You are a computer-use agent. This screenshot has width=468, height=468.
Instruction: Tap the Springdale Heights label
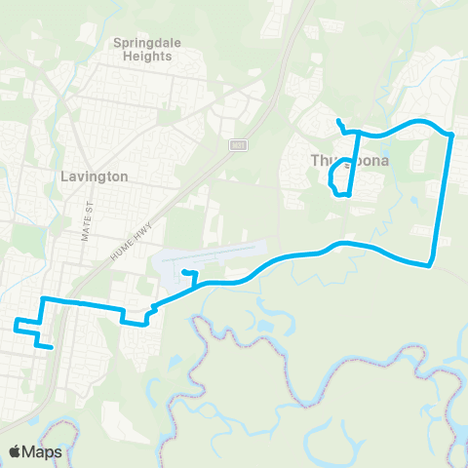click(142, 50)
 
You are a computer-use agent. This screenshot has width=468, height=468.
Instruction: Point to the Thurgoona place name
click(350, 160)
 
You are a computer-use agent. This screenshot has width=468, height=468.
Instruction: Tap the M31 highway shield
click(238, 144)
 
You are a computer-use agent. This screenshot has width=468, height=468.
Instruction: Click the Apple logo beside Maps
click(16, 451)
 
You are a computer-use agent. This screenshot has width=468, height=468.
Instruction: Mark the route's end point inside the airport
click(183, 272)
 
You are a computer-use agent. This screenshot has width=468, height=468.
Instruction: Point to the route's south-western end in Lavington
click(50, 345)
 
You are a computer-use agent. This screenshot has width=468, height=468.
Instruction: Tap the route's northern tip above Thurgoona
click(337, 120)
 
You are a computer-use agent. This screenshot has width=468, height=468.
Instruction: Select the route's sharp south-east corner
click(430, 264)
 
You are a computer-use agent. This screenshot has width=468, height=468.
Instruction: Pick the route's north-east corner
click(451, 134)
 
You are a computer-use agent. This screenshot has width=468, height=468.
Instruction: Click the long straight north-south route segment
click(442, 195)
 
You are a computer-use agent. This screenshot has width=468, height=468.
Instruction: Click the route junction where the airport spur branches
click(198, 283)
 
